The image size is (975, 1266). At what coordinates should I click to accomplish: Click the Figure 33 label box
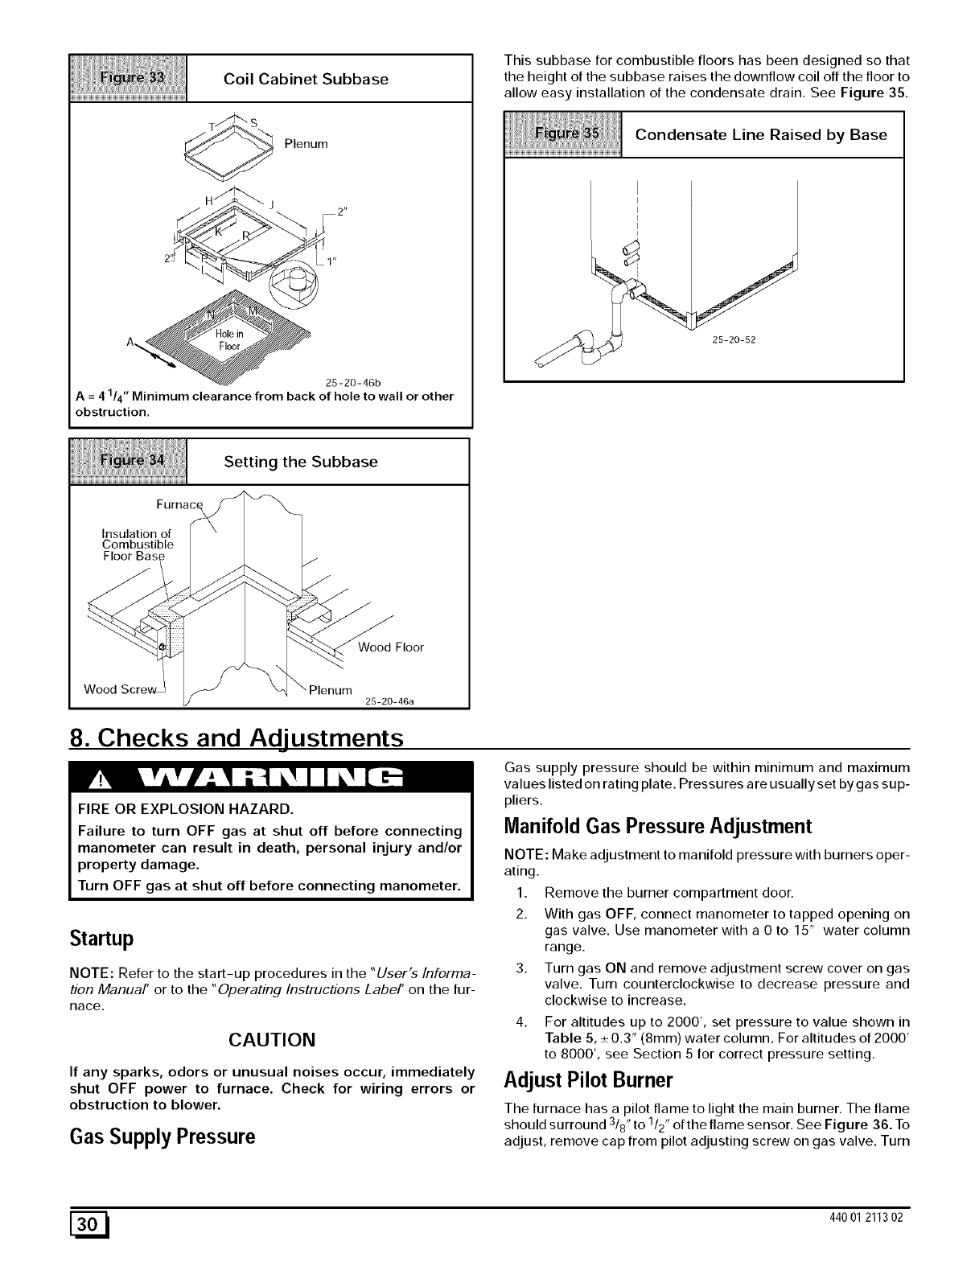[129, 78]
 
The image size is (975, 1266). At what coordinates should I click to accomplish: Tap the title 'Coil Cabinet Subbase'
[306, 79]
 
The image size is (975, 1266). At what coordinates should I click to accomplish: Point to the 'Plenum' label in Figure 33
[306, 144]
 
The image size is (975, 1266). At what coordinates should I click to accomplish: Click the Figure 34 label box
[129, 462]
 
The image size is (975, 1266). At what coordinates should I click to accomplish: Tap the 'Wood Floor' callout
[391, 647]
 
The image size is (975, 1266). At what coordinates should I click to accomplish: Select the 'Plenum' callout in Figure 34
[331, 689]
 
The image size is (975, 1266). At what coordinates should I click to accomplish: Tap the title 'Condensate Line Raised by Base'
[761, 134]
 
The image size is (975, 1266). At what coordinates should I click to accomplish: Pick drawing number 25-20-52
[734, 339]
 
